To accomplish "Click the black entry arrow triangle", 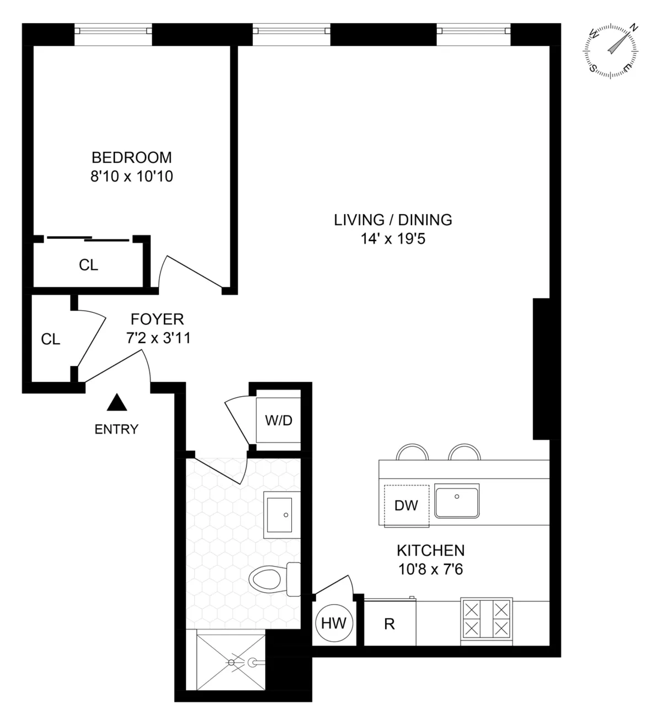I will coord(116,403).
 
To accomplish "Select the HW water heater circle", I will coord(333,623).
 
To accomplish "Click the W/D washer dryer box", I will coord(279,420).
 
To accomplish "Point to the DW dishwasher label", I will coord(406,505).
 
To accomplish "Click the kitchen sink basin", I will coord(457,501).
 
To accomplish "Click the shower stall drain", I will coord(232,661).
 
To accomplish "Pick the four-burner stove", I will coord(486,620).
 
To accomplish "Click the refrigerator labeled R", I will coord(389,624).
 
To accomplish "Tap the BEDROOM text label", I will coord(131,158).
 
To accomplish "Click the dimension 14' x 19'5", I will coord(393,239).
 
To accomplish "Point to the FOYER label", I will coord(157,319).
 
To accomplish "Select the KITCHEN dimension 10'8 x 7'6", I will coord(430,569).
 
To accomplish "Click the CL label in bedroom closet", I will coord(88,265).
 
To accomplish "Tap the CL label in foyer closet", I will coord(51,339).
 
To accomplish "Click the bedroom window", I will coord(113,34).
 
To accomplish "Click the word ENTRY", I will coord(116,429).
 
